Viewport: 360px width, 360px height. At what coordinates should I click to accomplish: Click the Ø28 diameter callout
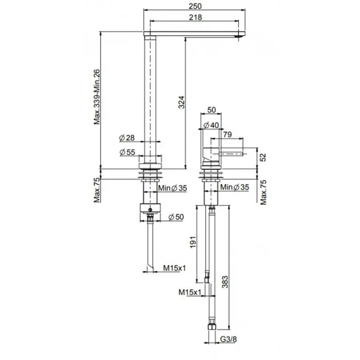127,138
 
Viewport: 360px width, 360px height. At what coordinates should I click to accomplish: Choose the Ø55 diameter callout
127,152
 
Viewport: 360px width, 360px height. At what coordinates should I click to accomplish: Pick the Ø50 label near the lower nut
176,217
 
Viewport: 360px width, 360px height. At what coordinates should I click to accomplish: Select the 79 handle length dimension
228,135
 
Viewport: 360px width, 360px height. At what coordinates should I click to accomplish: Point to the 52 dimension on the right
263,157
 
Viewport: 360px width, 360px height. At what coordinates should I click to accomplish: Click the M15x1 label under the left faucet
174,268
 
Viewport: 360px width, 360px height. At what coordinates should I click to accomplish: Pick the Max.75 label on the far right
264,192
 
